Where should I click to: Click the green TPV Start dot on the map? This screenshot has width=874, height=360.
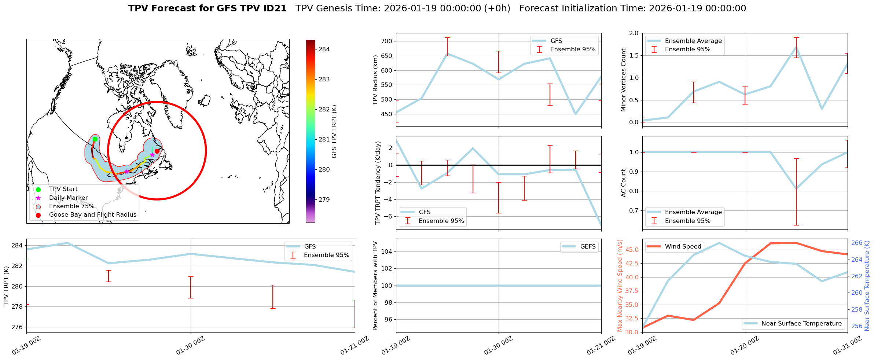95,139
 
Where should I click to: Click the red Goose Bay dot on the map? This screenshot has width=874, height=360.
157,151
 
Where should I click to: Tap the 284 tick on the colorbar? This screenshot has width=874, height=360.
324,49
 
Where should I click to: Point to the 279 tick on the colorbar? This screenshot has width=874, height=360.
324,200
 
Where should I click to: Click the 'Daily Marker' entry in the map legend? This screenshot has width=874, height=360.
68,198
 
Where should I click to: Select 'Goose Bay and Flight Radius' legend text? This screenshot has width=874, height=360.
92,215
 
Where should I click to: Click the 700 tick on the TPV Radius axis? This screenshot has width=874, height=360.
387,41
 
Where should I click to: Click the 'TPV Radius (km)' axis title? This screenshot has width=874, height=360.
375,80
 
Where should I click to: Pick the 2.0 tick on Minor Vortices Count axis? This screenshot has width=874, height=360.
634,33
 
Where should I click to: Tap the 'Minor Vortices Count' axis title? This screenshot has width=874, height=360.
623,80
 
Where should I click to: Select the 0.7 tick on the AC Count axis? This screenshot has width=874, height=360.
634,211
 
